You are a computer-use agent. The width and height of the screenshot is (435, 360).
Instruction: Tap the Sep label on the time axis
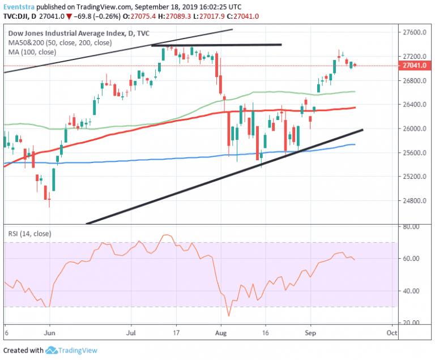coord(310,334)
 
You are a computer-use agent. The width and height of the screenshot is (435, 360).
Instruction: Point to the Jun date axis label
coord(50,334)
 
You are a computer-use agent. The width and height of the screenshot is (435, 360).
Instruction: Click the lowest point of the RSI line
coord(229,316)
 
